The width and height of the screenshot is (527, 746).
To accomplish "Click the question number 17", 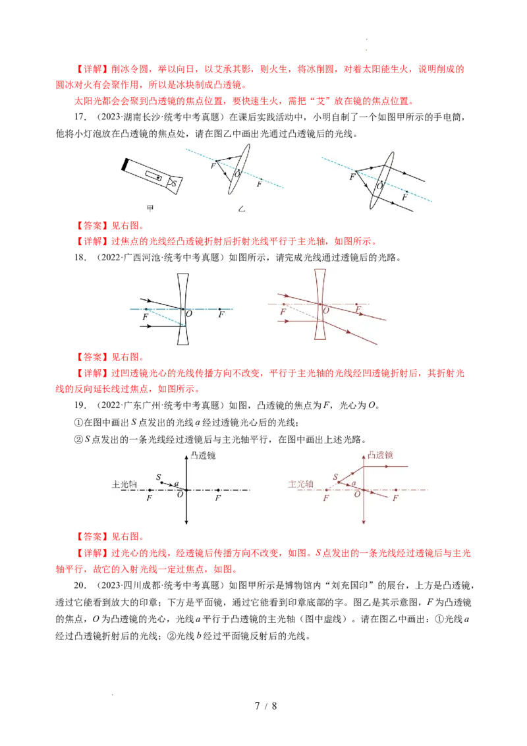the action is [80, 117].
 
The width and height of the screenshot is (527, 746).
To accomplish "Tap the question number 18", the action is [80, 258].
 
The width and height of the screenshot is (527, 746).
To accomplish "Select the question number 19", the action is [80, 405].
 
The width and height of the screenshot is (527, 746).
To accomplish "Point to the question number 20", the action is [80, 585].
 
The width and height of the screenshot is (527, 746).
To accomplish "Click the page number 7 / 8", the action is [265, 706].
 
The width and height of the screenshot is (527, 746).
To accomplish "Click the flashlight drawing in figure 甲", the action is [152, 177].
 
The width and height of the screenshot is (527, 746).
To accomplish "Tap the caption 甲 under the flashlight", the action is [150, 208].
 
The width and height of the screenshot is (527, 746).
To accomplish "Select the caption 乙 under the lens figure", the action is [242, 209].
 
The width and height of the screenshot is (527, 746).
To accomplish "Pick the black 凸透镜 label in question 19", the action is [203, 455].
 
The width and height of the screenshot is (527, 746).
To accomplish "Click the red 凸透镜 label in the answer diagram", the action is [380, 455].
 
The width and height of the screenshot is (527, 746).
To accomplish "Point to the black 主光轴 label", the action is [124, 484].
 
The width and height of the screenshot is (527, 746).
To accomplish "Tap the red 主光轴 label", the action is [300, 484].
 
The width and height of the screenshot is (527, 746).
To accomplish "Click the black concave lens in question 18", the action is [183, 309].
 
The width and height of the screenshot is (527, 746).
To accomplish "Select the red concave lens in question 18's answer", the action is [320, 304].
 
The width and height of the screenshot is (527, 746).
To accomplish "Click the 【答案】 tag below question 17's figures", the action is [92, 225].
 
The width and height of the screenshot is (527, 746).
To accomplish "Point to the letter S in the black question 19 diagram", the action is [159, 476].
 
